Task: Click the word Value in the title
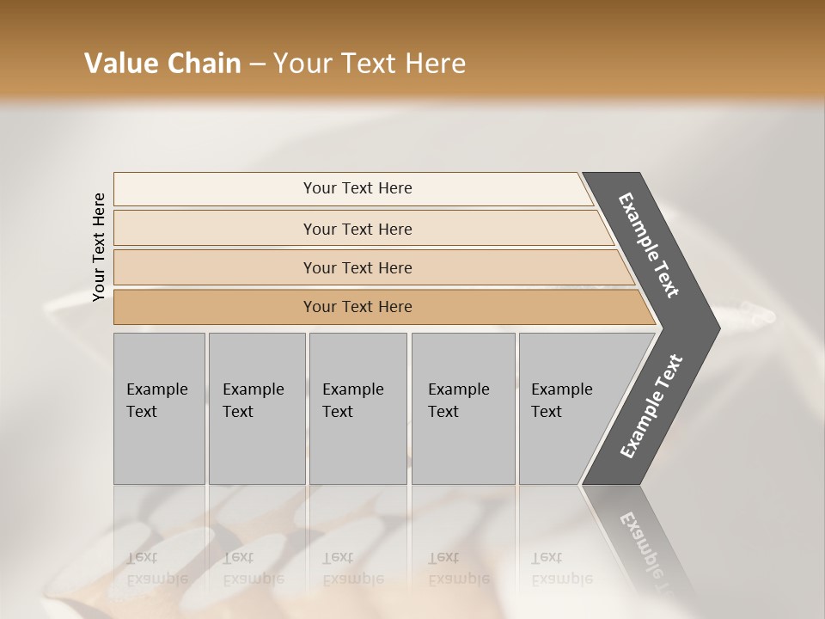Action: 121,64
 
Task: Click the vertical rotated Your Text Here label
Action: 99,247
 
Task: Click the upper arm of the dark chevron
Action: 650,244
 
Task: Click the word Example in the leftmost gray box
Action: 156,389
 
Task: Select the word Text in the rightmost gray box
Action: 546,412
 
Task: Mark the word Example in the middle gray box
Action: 352,389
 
